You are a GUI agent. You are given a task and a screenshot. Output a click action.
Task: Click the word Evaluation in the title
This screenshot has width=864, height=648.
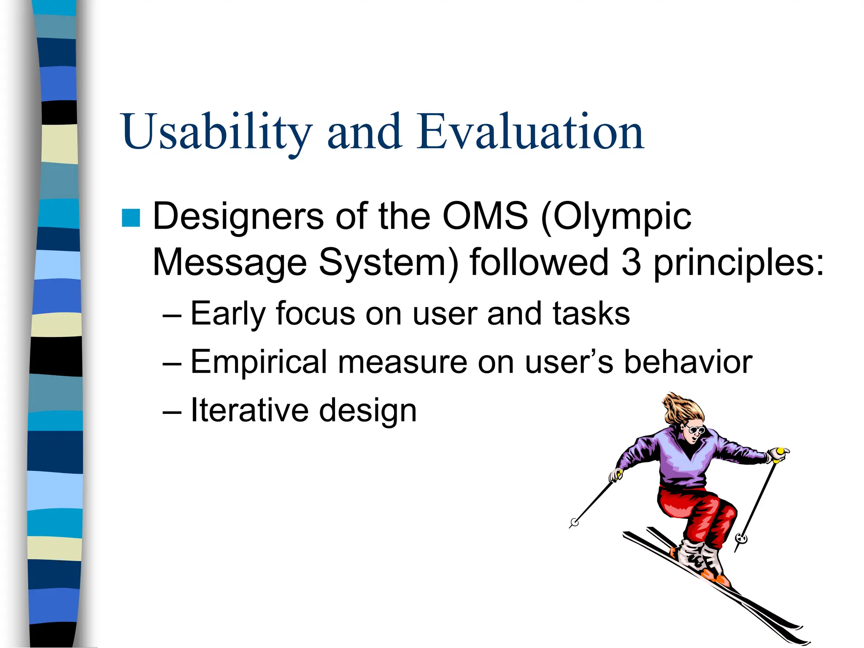point(530,132)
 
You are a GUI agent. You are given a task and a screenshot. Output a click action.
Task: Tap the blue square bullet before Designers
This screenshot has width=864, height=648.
point(131,218)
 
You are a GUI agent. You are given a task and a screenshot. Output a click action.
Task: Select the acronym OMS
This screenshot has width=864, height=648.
point(485,216)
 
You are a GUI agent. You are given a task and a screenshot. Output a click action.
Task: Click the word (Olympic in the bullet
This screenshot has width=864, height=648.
point(616,216)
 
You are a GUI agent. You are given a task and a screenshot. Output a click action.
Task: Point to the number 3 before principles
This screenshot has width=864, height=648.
point(631,262)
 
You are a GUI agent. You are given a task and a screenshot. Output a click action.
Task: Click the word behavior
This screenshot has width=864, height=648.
point(688,362)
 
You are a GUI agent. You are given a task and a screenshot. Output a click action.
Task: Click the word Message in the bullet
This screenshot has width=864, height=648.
point(230,262)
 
